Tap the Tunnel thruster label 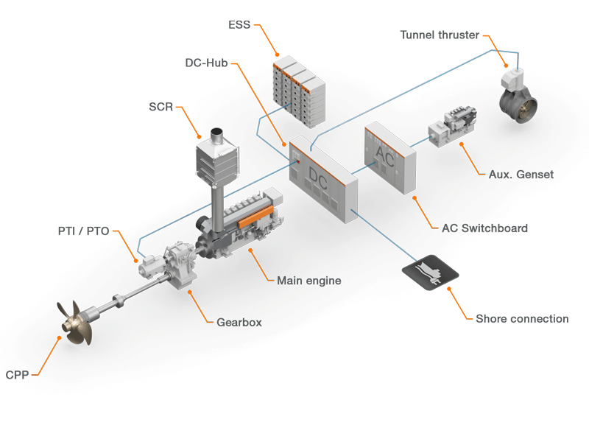pyautogui.click(x=440, y=35)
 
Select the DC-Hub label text pyautogui.click(x=205, y=63)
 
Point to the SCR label pyautogui.click(x=161, y=107)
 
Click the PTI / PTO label pyautogui.click(x=83, y=231)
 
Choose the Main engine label pyautogui.click(x=308, y=280)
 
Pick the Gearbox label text pyautogui.click(x=239, y=322)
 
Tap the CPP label pyautogui.click(x=17, y=374)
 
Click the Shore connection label pyautogui.click(x=522, y=319)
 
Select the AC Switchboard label pyautogui.click(x=484, y=228)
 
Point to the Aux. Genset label pyautogui.click(x=521, y=175)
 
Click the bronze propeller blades pyautogui.click(x=76, y=323)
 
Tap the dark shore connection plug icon pyautogui.click(x=431, y=272)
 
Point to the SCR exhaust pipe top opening pyautogui.click(x=216, y=133)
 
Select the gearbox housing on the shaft pyautogui.click(x=179, y=264)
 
